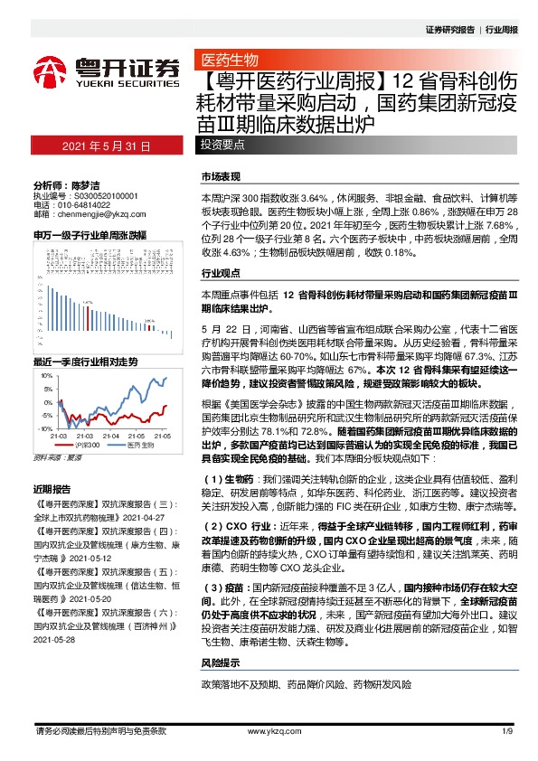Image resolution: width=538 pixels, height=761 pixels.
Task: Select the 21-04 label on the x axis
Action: tap(113, 435)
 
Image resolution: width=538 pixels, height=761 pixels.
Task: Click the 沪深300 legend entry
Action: tap(84, 446)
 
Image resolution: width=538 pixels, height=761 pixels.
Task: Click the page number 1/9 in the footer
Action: tap(507, 730)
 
